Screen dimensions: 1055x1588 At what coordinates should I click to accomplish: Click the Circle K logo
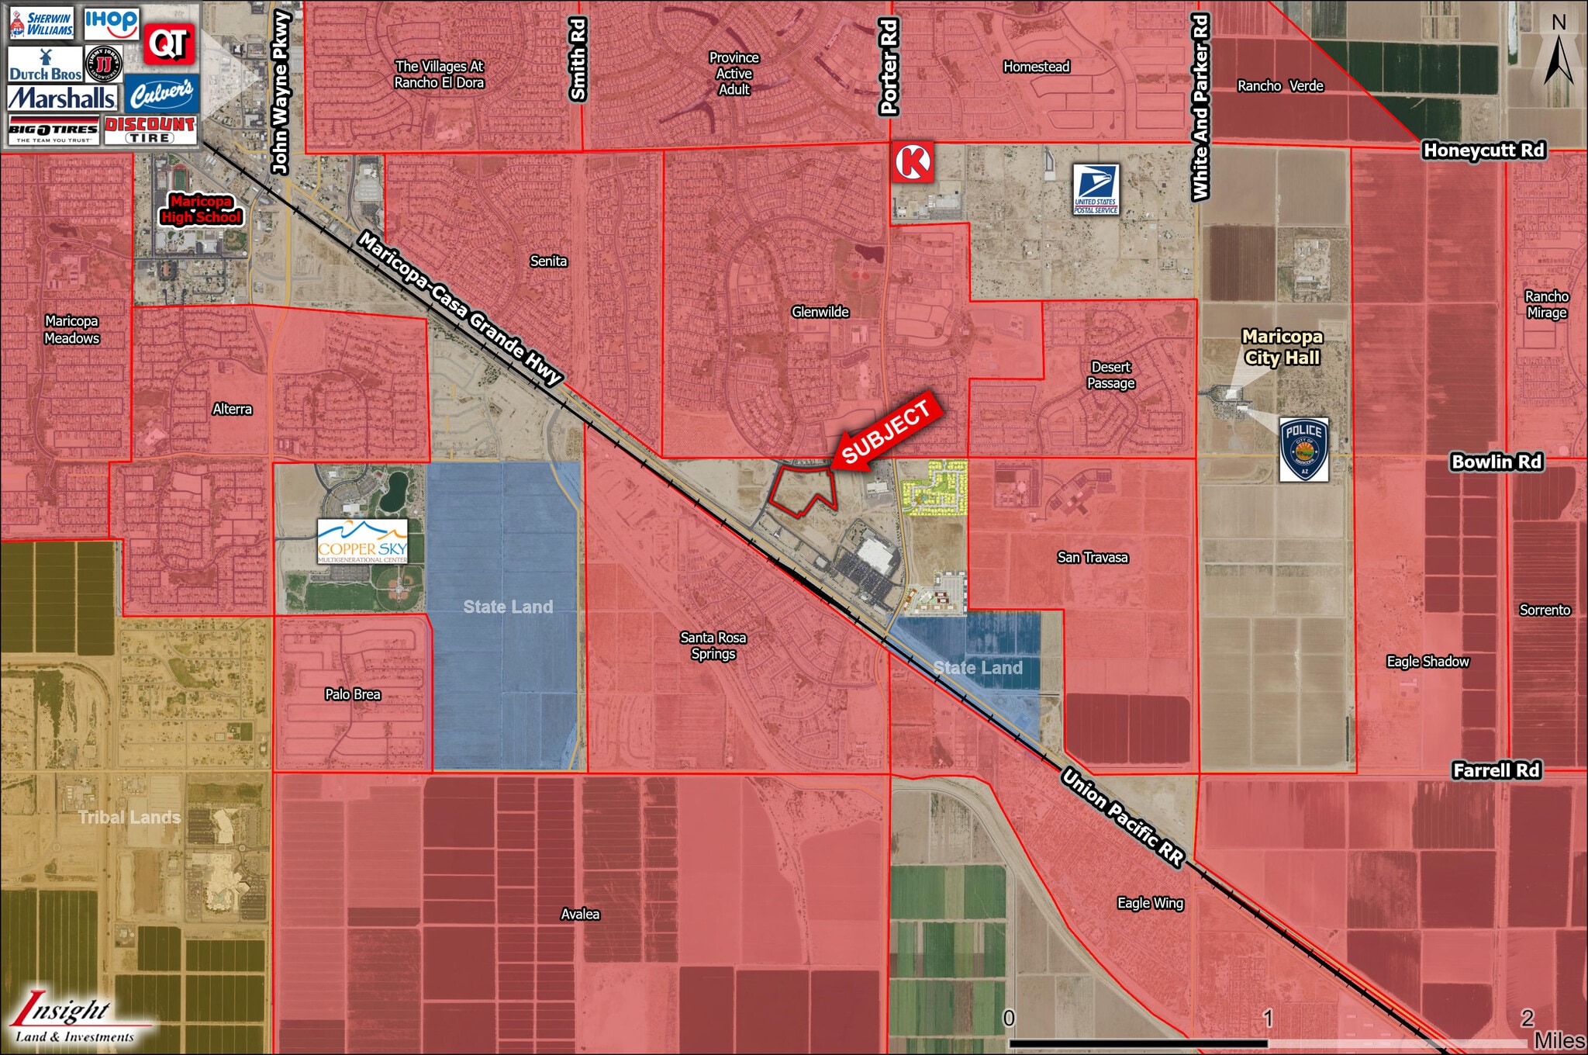click(x=913, y=162)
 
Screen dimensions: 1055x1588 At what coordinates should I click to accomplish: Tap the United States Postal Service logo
click(x=1096, y=189)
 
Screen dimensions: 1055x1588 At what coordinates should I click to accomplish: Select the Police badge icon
click(x=1303, y=450)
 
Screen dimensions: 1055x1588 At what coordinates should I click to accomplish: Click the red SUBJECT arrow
click(x=887, y=432)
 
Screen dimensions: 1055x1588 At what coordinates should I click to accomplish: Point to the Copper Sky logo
click(x=362, y=541)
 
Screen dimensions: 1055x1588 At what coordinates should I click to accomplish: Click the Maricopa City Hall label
click(x=1282, y=347)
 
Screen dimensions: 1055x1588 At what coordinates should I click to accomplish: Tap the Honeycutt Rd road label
click(x=1483, y=150)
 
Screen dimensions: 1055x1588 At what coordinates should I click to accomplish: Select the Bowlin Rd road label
click(x=1497, y=462)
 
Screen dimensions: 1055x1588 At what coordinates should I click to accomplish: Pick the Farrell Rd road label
click(x=1496, y=770)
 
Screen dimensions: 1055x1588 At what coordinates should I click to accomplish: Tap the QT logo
click(x=169, y=43)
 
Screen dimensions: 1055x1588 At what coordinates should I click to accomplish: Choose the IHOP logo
click(x=112, y=23)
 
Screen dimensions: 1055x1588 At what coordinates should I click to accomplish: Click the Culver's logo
click(x=161, y=95)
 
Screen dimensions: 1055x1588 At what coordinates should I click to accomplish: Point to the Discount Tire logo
click(x=150, y=130)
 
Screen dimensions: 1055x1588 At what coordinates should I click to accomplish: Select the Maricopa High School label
click(x=202, y=209)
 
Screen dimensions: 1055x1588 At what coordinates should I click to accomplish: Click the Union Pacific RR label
click(x=1123, y=817)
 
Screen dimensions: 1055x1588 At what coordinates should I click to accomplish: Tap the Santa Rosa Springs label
click(x=713, y=645)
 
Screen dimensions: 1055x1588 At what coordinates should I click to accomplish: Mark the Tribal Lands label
click(x=129, y=817)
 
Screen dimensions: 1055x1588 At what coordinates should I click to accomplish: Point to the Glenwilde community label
click(x=820, y=312)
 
